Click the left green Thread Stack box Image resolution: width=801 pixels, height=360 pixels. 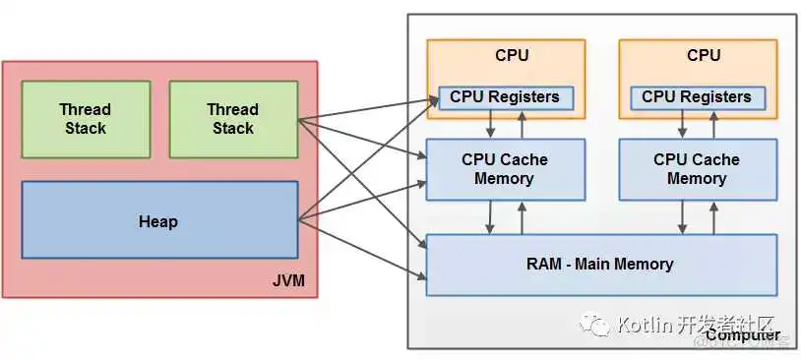click(86, 119)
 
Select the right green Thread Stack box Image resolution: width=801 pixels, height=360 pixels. click(233, 119)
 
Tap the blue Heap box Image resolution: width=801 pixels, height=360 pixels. click(158, 220)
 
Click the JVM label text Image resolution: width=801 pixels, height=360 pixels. click(288, 282)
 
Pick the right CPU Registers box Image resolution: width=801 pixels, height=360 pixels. click(697, 97)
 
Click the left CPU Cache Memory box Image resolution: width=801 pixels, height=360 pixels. click(505, 169)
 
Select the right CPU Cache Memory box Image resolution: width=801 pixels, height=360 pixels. click(697, 169)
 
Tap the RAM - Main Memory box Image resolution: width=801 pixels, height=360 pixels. click(600, 264)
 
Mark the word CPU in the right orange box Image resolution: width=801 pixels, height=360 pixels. click(704, 55)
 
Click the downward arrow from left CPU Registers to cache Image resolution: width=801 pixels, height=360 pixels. click(490, 124)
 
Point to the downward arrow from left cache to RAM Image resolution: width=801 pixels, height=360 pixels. click(490, 217)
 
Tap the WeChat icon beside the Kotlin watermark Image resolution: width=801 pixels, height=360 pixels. click(595, 324)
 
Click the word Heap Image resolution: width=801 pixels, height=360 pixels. click(158, 221)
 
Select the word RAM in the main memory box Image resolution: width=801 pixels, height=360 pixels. click(546, 264)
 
